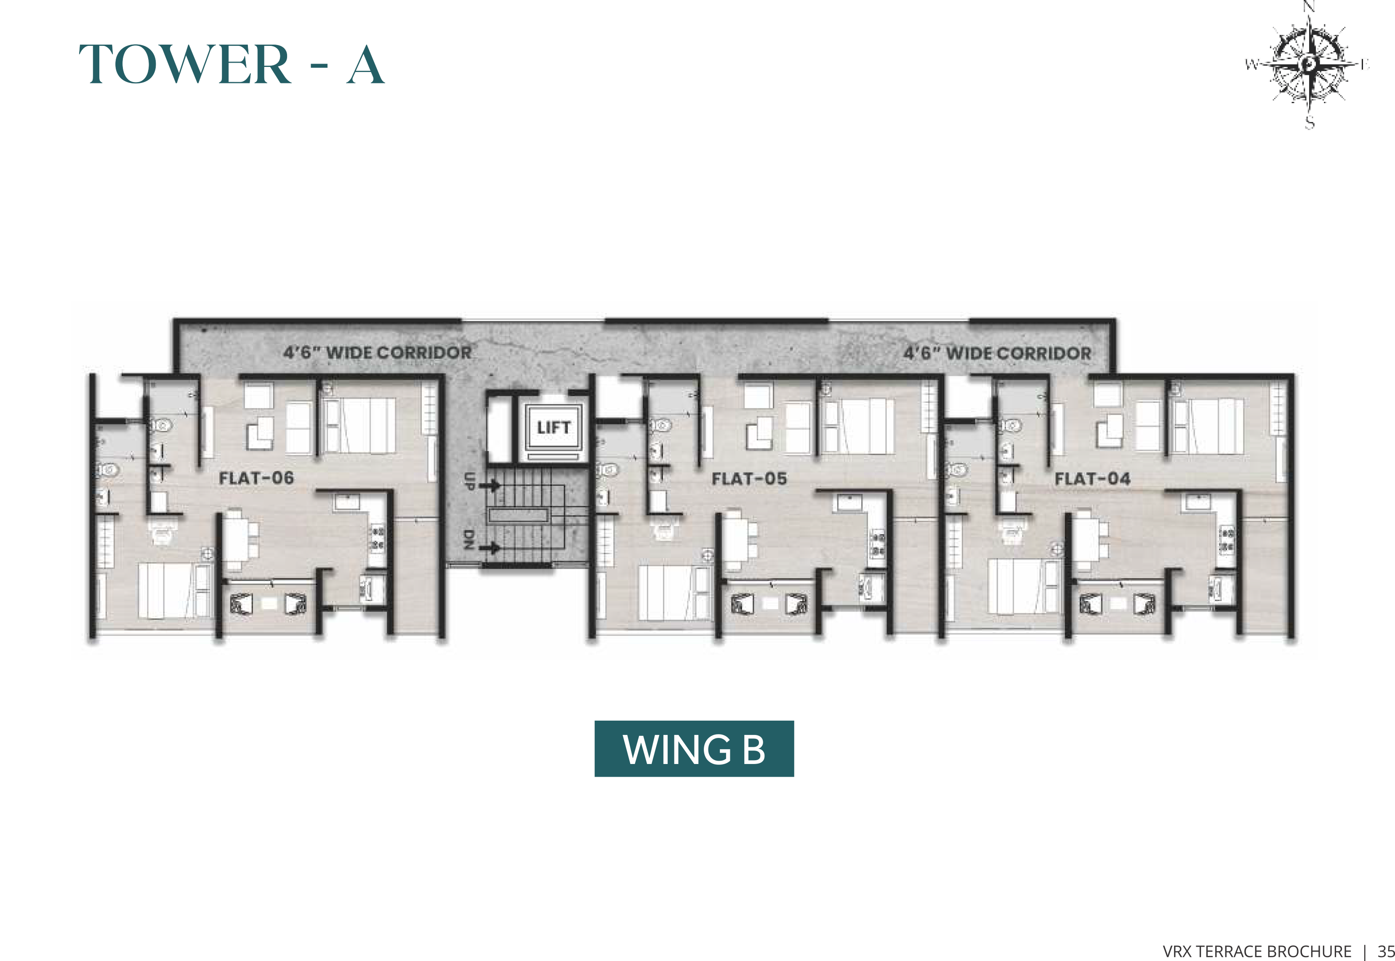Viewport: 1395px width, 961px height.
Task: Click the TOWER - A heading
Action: (232, 64)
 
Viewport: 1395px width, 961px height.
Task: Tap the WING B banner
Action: (694, 748)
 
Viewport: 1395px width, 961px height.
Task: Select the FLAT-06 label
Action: (256, 478)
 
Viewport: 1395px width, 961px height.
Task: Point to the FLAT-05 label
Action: (750, 479)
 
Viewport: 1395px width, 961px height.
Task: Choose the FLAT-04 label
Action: (1093, 479)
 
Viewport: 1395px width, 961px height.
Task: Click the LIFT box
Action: (553, 428)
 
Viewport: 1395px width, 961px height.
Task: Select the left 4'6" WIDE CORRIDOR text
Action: (378, 352)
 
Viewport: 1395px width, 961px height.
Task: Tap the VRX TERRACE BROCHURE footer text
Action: (1257, 951)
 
